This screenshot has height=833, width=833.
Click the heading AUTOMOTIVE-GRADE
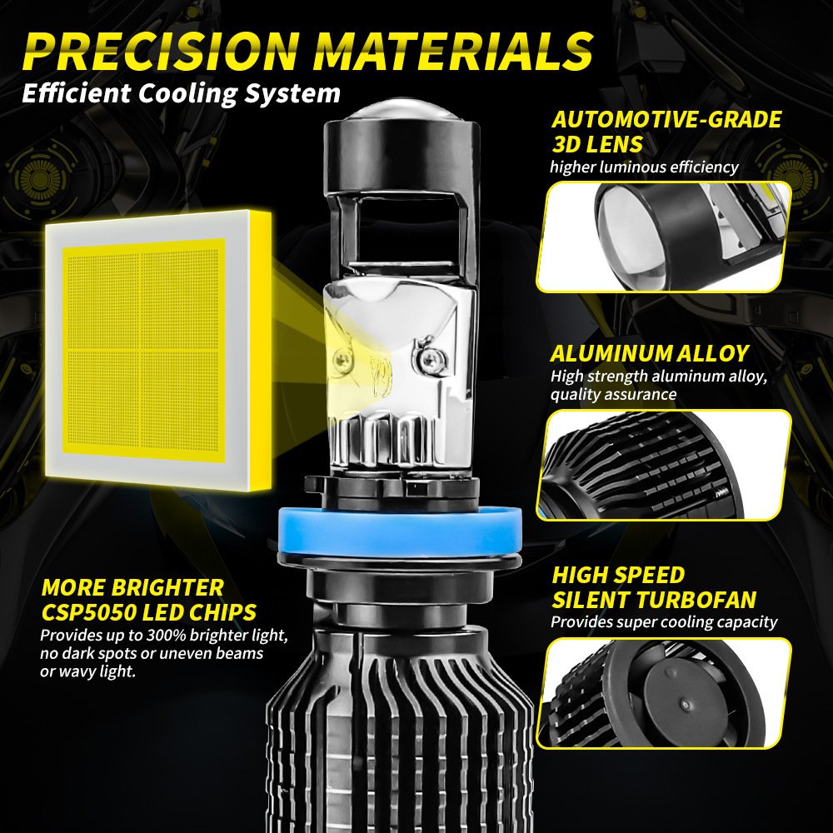[x=667, y=119]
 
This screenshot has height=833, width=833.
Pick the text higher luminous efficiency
[x=644, y=167]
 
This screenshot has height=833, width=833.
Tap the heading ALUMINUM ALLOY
[x=650, y=352]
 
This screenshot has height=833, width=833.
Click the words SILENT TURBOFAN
[x=654, y=599]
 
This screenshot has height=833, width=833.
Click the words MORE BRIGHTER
[x=132, y=587]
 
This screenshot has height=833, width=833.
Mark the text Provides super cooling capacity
[x=664, y=621]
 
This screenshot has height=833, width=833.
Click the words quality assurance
[x=613, y=394]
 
